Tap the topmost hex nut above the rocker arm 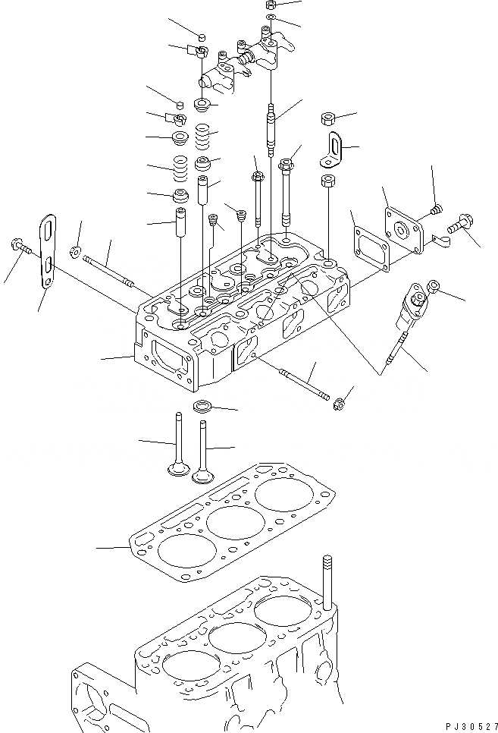click(x=271, y=5)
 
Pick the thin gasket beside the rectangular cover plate click(x=367, y=239)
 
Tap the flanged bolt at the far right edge click(x=458, y=225)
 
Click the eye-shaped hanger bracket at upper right click(x=334, y=148)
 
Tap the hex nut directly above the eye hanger click(x=328, y=118)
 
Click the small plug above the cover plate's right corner click(x=435, y=206)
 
